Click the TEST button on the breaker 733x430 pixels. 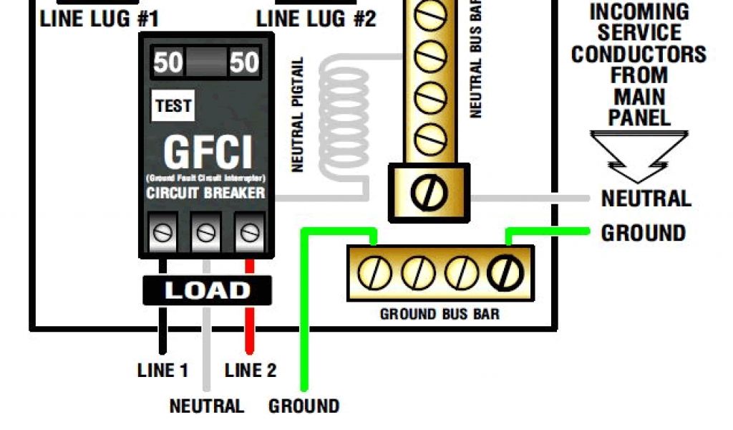[173, 107]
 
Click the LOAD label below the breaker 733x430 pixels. [207, 290]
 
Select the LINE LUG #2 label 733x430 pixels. [316, 18]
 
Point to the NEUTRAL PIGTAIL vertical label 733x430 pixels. [298, 115]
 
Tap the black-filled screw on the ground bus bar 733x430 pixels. [506, 272]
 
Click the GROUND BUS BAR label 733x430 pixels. [440, 314]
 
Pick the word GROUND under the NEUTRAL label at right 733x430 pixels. [643, 233]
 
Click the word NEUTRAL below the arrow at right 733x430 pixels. [646, 199]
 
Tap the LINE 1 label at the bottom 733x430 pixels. [162, 371]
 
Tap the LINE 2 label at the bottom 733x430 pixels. [250, 371]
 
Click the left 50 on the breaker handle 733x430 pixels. [169, 63]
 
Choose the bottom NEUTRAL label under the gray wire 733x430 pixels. [206, 406]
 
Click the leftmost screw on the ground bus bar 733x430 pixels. [373, 272]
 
